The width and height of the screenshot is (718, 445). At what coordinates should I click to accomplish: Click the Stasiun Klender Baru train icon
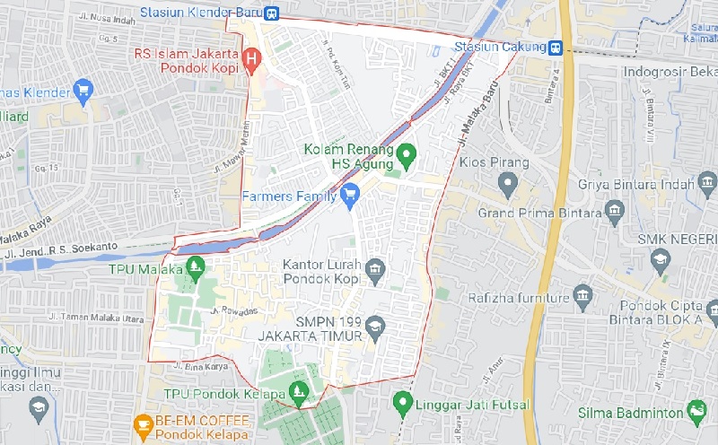click(x=271, y=13)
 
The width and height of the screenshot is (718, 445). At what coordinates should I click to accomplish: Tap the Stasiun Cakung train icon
click(x=557, y=47)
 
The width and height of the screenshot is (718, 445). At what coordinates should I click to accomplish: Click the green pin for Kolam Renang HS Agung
click(x=406, y=155)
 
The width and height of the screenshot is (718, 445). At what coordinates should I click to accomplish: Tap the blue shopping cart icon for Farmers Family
click(x=351, y=194)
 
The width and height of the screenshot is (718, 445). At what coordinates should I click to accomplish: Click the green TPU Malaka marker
click(x=197, y=267)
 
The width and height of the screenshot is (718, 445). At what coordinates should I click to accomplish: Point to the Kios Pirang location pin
click(x=508, y=185)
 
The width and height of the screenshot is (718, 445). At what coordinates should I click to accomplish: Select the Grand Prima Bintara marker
click(x=615, y=213)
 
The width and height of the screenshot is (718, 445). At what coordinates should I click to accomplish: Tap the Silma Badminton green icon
click(x=696, y=411)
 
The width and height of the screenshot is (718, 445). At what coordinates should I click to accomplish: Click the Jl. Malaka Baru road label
click(x=476, y=118)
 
